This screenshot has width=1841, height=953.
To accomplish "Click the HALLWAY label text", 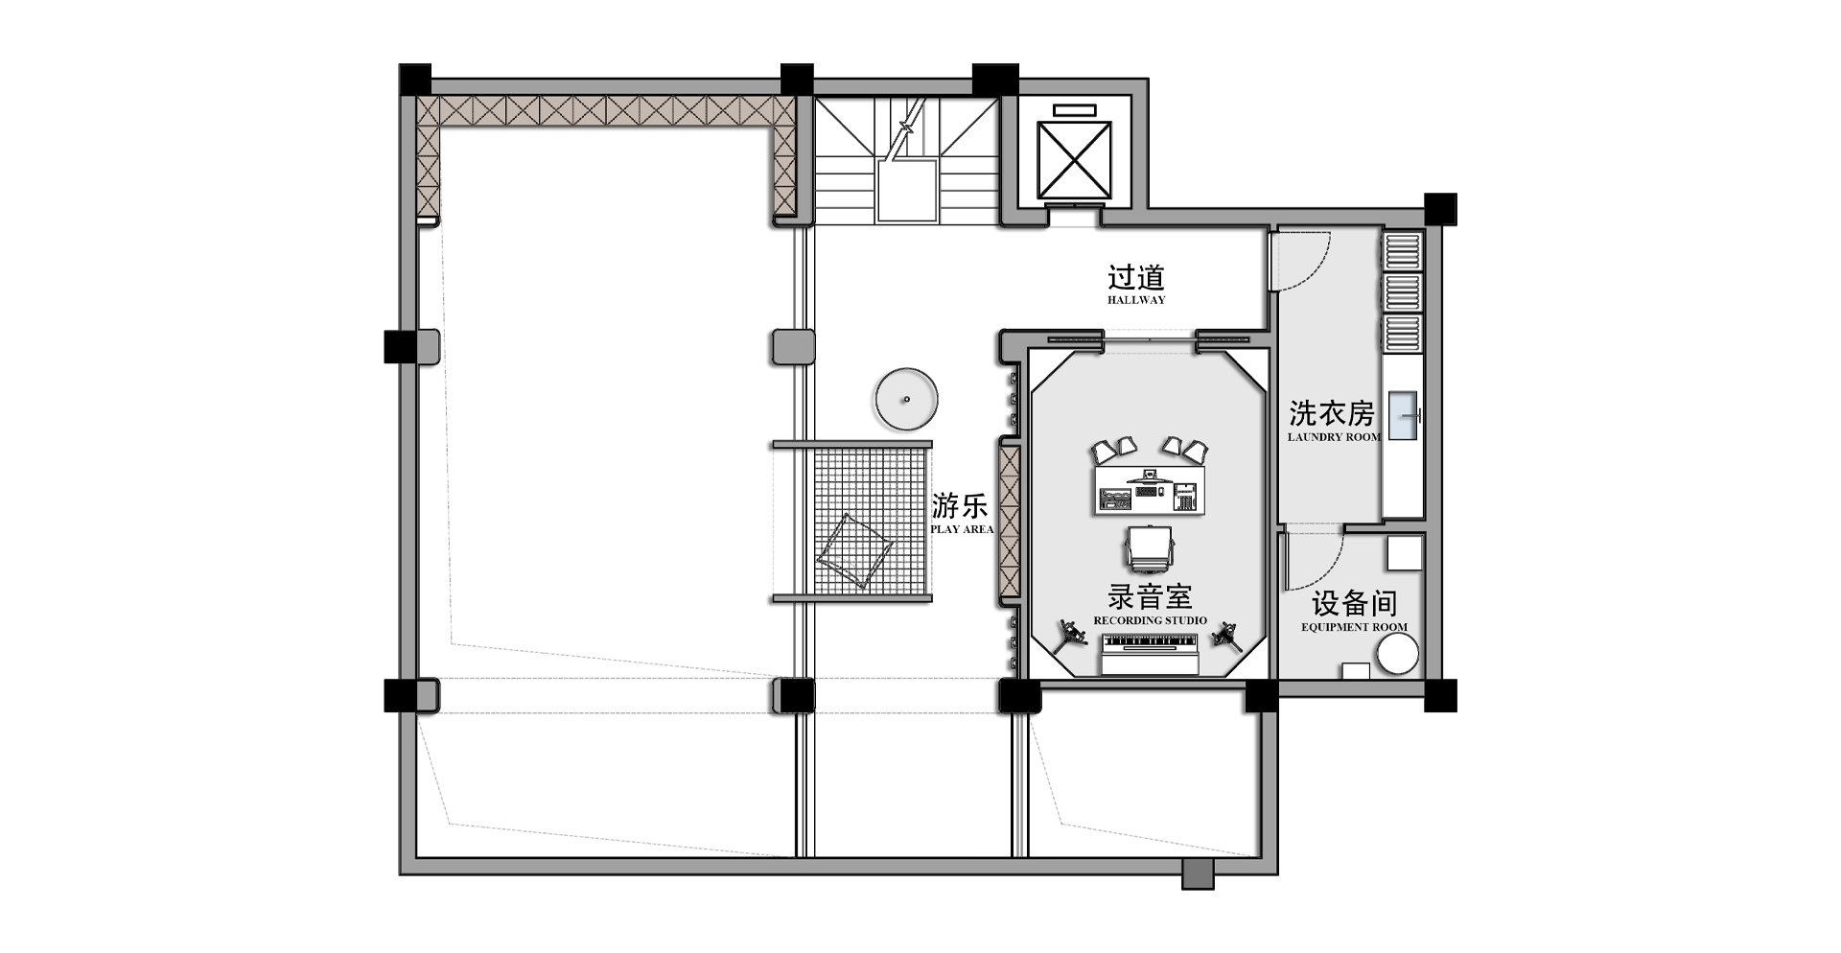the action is coord(1136,300).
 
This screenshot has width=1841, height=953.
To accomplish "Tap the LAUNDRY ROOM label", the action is coord(1334,437).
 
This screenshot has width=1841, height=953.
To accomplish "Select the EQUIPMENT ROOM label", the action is coord(1354,627).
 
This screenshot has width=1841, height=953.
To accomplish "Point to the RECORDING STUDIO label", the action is coord(1150,620).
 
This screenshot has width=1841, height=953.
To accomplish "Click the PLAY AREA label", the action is coord(962,529).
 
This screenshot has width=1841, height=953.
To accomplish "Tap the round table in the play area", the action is coord(905,399).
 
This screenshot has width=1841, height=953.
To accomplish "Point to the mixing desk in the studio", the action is coord(1152,488).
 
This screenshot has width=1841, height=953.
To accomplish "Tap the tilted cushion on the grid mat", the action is coord(853,550).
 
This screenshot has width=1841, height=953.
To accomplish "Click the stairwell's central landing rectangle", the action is coord(906,191).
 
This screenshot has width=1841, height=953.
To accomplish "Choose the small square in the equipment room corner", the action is coord(1404,553).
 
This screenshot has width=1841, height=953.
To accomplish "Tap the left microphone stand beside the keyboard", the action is coord(1068,635).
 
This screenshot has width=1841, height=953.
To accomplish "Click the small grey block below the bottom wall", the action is coord(1198,874).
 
